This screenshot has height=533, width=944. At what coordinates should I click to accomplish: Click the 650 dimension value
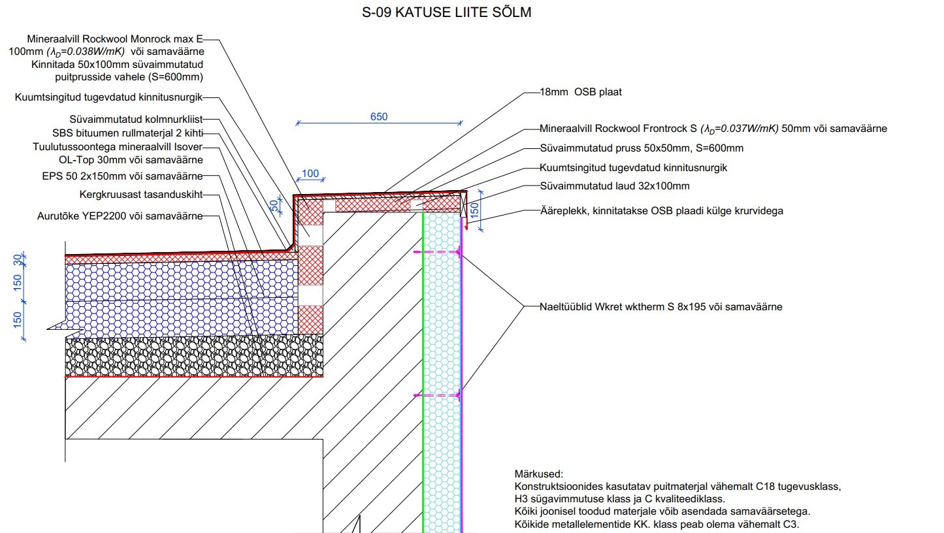379,117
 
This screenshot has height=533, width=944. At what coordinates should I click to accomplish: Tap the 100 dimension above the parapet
311,174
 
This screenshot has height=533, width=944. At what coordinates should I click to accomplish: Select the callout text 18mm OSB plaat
581,92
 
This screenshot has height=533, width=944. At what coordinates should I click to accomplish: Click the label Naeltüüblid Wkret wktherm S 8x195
660,306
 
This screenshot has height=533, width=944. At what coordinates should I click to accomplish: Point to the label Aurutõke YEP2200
120,216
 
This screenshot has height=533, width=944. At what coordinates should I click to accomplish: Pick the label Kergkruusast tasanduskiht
140,195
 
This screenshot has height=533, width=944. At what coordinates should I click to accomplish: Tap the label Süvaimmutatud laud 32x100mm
615,186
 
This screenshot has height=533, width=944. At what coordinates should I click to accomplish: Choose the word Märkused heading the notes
538,474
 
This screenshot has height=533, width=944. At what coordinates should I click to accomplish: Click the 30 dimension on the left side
18,260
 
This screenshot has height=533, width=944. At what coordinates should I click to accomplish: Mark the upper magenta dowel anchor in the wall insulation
438,251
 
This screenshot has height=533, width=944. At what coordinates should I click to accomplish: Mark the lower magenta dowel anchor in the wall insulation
438,395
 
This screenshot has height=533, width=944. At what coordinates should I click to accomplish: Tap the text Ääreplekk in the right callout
562,211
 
